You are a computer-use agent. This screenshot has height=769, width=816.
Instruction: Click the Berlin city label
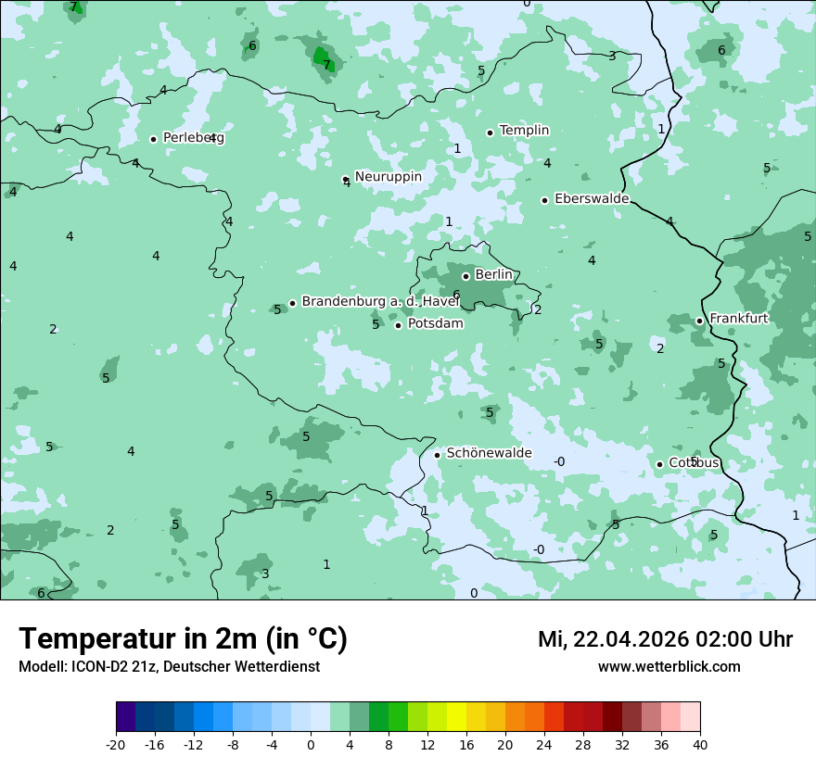click(493, 275)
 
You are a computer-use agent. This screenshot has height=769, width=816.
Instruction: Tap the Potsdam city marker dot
click(399, 325)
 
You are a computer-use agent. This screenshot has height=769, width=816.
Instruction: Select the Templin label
click(524, 131)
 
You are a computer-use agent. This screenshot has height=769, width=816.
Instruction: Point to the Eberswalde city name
click(592, 199)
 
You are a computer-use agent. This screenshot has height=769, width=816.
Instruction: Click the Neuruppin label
click(388, 177)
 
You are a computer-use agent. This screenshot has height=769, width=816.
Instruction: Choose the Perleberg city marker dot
click(154, 139)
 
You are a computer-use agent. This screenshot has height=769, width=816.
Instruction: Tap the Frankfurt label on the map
click(738, 319)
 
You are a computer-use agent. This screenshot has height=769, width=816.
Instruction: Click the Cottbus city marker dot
click(660, 464)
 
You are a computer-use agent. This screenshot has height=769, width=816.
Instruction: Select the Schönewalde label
click(489, 453)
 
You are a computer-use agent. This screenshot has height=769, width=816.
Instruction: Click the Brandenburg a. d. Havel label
click(380, 302)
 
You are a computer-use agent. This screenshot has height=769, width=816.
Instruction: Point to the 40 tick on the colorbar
click(700, 744)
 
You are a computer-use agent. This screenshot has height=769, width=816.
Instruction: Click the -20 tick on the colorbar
click(116, 744)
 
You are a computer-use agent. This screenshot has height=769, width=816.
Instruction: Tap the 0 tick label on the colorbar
click(311, 744)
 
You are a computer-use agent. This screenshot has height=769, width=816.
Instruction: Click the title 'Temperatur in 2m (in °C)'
click(183, 638)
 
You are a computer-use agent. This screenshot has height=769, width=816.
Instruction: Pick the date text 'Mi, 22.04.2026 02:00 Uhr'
click(665, 639)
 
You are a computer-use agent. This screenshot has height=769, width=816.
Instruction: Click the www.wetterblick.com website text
click(669, 666)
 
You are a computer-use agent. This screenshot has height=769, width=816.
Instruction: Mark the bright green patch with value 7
click(322, 58)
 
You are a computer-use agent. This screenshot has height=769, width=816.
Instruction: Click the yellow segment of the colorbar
click(456, 717)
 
